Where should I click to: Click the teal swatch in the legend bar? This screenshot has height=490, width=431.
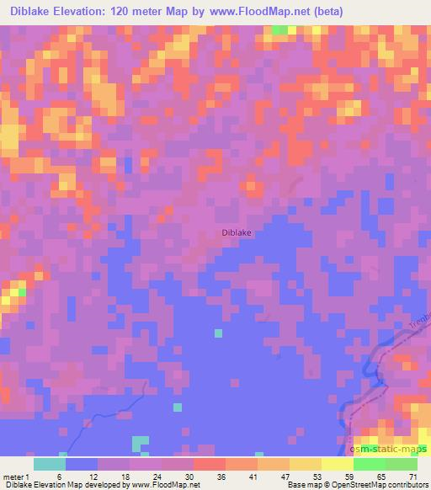tap(50, 464)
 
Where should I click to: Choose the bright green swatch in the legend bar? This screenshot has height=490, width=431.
tap(370, 464)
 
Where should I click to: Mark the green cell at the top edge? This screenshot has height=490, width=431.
tap(279, 30)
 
